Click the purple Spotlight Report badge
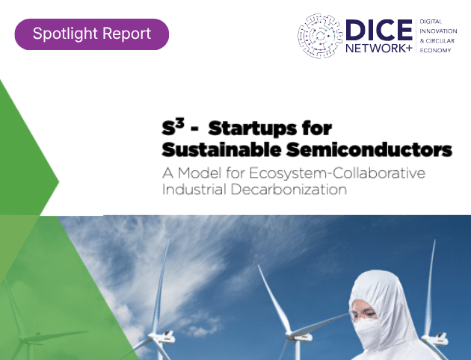pyautogui.click(x=92, y=34)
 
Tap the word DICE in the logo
pyautogui.click(x=379, y=30)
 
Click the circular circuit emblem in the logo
pyautogui.click(x=320, y=36)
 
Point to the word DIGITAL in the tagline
pyautogui.click(x=431, y=22)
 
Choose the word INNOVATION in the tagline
pyautogui.click(x=438, y=31)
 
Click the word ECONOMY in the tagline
pyautogui.click(x=435, y=50)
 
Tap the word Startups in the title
pyautogui.click(x=253, y=128)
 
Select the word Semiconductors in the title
pyautogui.click(x=369, y=149)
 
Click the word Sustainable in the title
pyautogui.click(x=222, y=149)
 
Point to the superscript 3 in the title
pyautogui.click(x=179, y=123)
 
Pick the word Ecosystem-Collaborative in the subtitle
pyautogui.click(x=337, y=173)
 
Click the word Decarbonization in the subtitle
pyautogui.click(x=289, y=190)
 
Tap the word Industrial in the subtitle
pyautogui.click(x=194, y=190)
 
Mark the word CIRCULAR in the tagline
pyautogui.click(x=440, y=41)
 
